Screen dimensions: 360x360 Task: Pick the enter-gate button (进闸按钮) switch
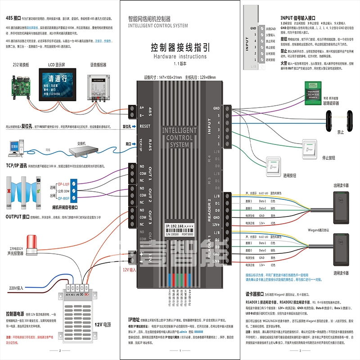pos(273,165)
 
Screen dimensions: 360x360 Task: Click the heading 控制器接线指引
pos(180,48)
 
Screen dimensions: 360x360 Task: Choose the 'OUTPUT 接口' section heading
pos(18,217)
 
